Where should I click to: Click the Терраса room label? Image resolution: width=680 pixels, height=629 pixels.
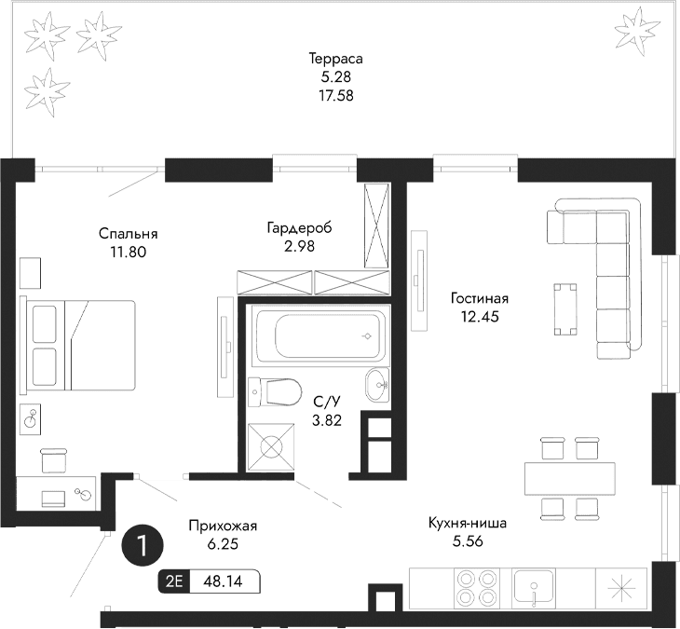335,59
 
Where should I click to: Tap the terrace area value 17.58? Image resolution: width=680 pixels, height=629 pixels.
335,94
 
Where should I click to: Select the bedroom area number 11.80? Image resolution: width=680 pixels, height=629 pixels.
129,251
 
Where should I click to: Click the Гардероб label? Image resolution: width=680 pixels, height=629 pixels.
299,227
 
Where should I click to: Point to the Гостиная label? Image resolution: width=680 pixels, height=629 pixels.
479,298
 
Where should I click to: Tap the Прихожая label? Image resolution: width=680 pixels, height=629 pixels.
222,526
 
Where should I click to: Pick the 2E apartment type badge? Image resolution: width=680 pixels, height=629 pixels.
173,581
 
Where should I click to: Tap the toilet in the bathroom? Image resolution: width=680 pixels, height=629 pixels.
277,391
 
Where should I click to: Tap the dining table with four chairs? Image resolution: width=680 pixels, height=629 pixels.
570,478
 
